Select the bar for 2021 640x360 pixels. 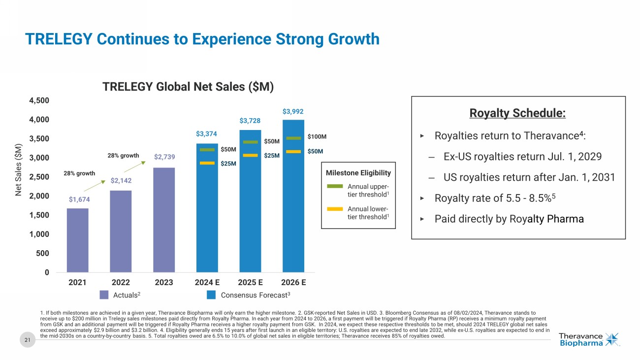[x=78, y=240]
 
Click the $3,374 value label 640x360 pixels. [x=207, y=133]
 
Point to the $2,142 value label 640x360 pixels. [x=121, y=181]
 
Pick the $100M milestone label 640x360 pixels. [x=317, y=136]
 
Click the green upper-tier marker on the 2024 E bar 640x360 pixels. [x=207, y=150]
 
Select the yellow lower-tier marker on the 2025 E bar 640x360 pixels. [x=250, y=155]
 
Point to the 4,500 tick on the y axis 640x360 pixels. [x=39, y=100]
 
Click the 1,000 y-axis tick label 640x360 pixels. [x=39, y=234]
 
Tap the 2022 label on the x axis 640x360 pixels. [x=121, y=283]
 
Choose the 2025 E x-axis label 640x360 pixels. [x=250, y=283]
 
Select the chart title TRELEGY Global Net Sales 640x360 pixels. [x=188, y=87]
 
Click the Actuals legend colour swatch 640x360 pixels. [x=104, y=295]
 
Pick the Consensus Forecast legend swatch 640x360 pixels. [x=211, y=295]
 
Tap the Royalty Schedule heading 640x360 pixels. [x=518, y=113]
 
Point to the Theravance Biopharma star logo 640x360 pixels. [x=612, y=339]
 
